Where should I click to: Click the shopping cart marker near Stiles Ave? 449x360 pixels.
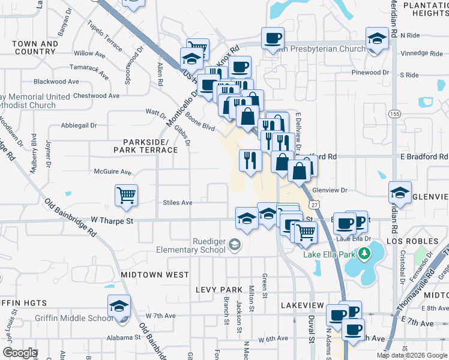click(127, 194)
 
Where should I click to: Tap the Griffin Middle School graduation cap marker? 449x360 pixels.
click(119, 307)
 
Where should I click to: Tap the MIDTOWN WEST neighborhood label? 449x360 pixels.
click(155, 274)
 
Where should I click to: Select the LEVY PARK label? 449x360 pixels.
click(218, 289)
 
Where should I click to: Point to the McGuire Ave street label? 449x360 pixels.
click(112, 172)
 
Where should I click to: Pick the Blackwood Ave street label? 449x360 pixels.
click(56, 82)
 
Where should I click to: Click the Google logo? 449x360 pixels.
click(20, 353)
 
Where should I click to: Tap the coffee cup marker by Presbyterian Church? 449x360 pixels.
click(272, 38)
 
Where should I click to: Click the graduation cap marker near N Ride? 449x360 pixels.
click(376, 40)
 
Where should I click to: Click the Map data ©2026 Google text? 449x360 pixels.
click(411, 355)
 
